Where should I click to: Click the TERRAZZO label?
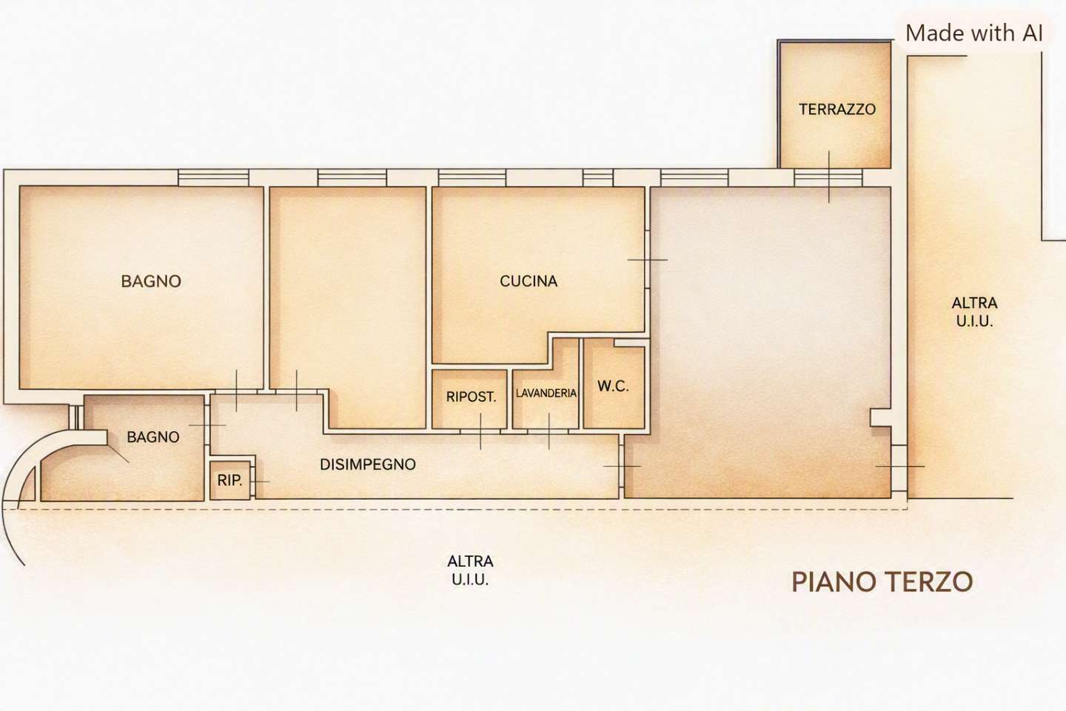pyautogui.click(x=837, y=110)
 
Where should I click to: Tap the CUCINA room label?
pyautogui.click(x=529, y=281)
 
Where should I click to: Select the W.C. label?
pyautogui.click(x=613, y=386)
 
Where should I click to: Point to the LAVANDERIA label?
pyautogui.click(x=546, y=393)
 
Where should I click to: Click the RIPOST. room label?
pyautogui.click(x=471, y=397)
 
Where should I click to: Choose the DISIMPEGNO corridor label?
pyautogui.click(x=368, y=464)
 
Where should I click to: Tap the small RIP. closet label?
pyautogui.click(x=229, y=481)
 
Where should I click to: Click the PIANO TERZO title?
pyautogui.click(x=882, y=582)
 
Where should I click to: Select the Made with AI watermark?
pyautogui.click(x=974, y=33)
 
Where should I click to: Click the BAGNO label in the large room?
pyautogui.click(x=151, y=281)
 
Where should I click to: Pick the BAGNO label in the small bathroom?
pyautogui.click(x=153, y=437)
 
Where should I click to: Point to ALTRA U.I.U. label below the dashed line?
pyautogui.click(x=470, y=570)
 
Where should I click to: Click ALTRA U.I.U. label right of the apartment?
pyautogui.click(x=975, y=313)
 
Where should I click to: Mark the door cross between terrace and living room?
pyautogui.click(x=829, y=177)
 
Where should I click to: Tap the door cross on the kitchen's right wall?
pyautogui.click(x=648, y=259)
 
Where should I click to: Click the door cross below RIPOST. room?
pyautogui.click(x=480, y=432)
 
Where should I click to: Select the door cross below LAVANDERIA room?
pyautogui.click(x=549, y=432)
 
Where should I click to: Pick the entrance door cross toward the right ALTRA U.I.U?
pyautogui.click(x=899, y=466)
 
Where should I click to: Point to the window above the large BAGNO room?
pyautogui.click(x=214, y=178)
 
